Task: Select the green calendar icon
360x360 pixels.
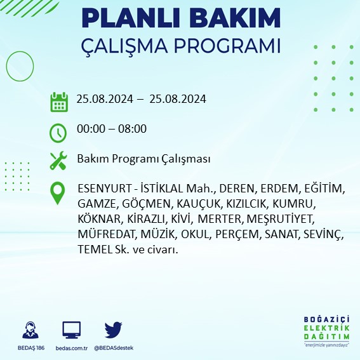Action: pyautogui.click(x=58, y=101)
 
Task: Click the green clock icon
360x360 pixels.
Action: pyautogui.click(x=58, y=132)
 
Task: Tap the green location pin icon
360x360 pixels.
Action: pyautogui.click(x=58, y=193)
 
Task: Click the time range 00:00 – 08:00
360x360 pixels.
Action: pyautogui.click(x=111, y=129)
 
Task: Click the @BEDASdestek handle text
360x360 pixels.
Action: pyautogui.click(x=113, y=348)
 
